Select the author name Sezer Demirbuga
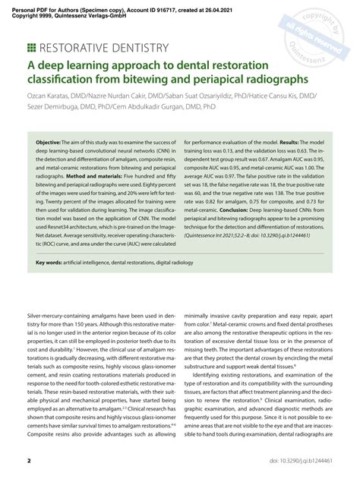(x=55, y=107)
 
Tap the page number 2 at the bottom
(x=29, y=462)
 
